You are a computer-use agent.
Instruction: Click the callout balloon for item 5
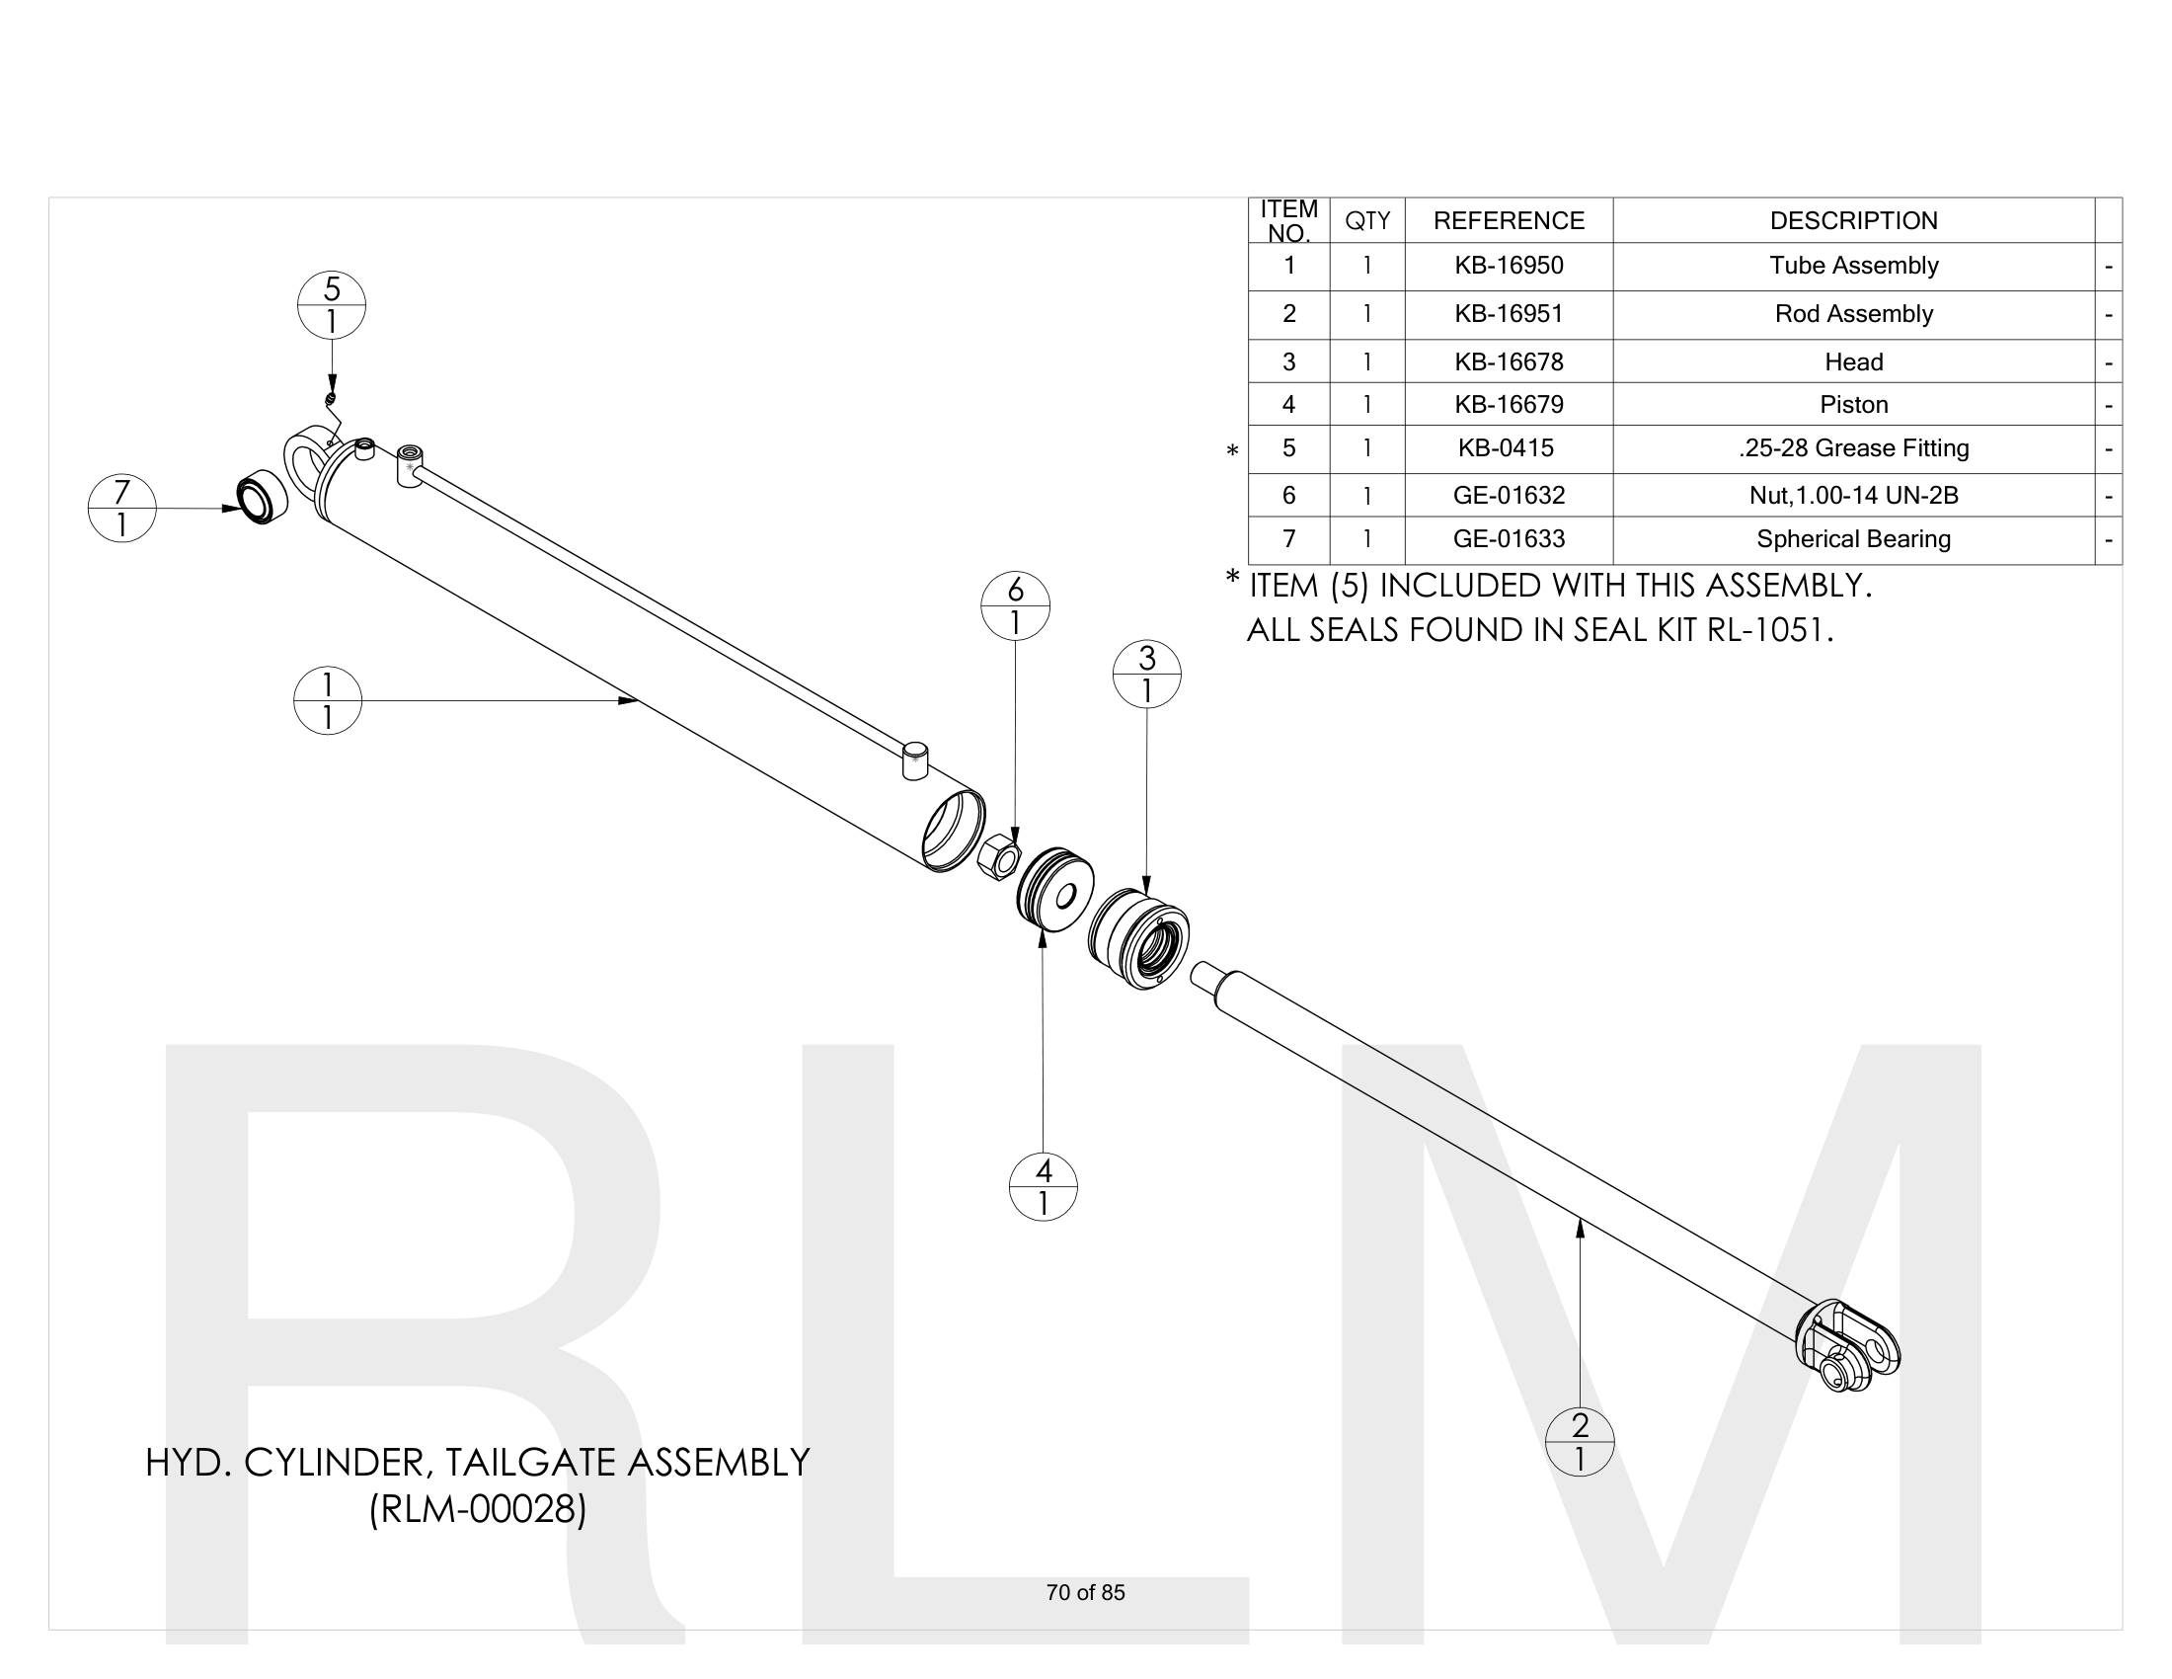(331, 305)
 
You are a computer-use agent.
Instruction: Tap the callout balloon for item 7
(121, 509)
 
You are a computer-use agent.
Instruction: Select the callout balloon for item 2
(1580, 1441)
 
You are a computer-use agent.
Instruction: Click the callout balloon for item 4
(1043, 1186)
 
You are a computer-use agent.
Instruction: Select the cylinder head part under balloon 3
(1138, 938)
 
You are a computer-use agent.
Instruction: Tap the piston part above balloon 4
(1055, 889)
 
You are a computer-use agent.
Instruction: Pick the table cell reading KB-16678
(1508, 362)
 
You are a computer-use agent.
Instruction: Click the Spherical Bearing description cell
(1853, 539)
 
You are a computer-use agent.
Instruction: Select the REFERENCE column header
(1508, 221)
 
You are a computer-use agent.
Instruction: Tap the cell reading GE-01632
(1508, 496)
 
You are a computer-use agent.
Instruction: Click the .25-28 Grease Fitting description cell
(1853, 448)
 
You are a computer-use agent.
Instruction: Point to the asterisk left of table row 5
(1232, 450)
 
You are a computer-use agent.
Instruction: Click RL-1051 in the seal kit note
(1768, 631)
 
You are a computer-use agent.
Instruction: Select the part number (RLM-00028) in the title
(478, 1509)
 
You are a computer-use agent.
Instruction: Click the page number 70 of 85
(1085, 1592)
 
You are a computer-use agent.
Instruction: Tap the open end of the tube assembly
(952, 832)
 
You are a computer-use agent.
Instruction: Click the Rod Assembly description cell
(1853, 314)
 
